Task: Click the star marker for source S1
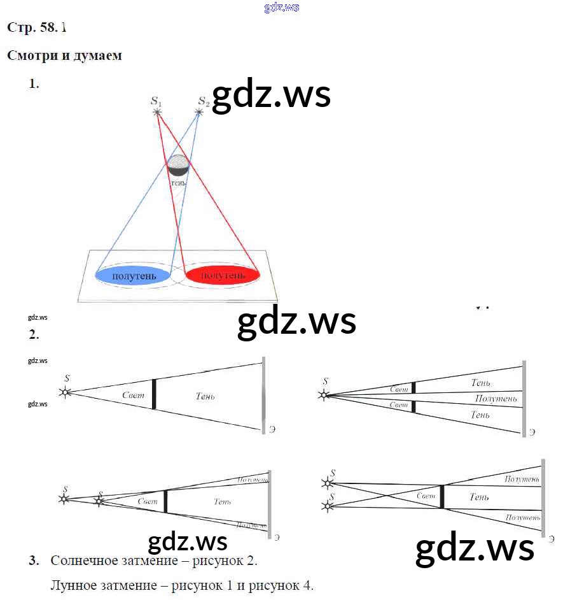157,112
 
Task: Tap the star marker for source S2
199,112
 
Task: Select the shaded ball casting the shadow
177,165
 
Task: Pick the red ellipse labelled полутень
223,275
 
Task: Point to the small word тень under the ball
179,182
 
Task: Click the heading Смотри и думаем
64,55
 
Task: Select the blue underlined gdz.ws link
281,8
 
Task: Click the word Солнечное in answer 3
86,561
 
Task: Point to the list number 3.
33,561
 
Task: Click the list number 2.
33,334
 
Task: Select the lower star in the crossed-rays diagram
327,506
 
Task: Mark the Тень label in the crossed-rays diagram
479,497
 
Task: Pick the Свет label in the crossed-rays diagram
426,496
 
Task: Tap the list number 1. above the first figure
34,83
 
